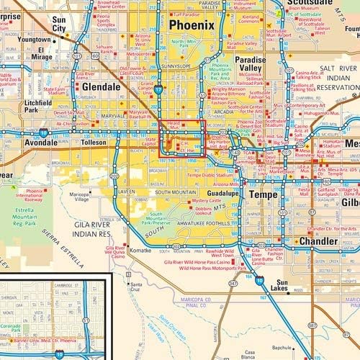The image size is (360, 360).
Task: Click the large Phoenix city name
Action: pyautogui.click(x=192, y=25)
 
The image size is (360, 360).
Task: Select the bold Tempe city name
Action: pyautogui.click(x=264, y=194)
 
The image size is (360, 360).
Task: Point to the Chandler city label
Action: pyautogui.click(x=318, y=241)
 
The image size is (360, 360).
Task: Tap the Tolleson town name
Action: pyautogui.click(x=93, y=143)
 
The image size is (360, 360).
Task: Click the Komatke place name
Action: pyautogui.click(x=140, y=251)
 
